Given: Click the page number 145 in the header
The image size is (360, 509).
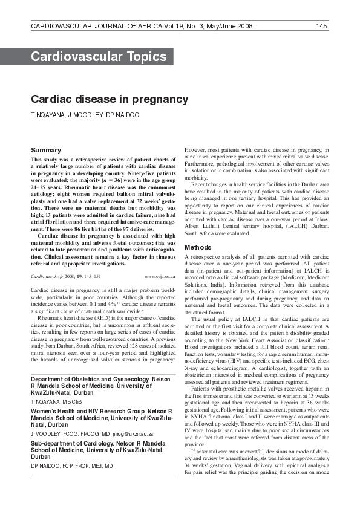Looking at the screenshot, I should [x=321, y=26].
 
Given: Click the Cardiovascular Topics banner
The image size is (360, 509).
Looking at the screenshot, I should [x=99, y=57].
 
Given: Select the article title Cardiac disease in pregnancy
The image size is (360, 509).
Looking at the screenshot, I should [x=110, y=99].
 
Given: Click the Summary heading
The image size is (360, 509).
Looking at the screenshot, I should [x=46, y=150].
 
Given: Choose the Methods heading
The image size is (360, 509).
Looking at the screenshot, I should [x=198, y=247].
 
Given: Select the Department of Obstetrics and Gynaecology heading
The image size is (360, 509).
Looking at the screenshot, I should [x=100, y=378].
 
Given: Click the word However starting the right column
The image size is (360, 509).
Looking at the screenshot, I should [x=195, y=149].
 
